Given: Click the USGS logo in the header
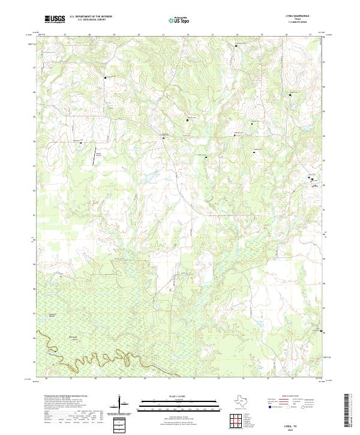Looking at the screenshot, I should coord(55,19).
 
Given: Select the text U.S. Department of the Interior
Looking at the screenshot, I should coord(91,16).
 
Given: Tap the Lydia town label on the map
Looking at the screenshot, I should coord(314,185).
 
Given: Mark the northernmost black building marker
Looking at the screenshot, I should coord(236,46).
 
